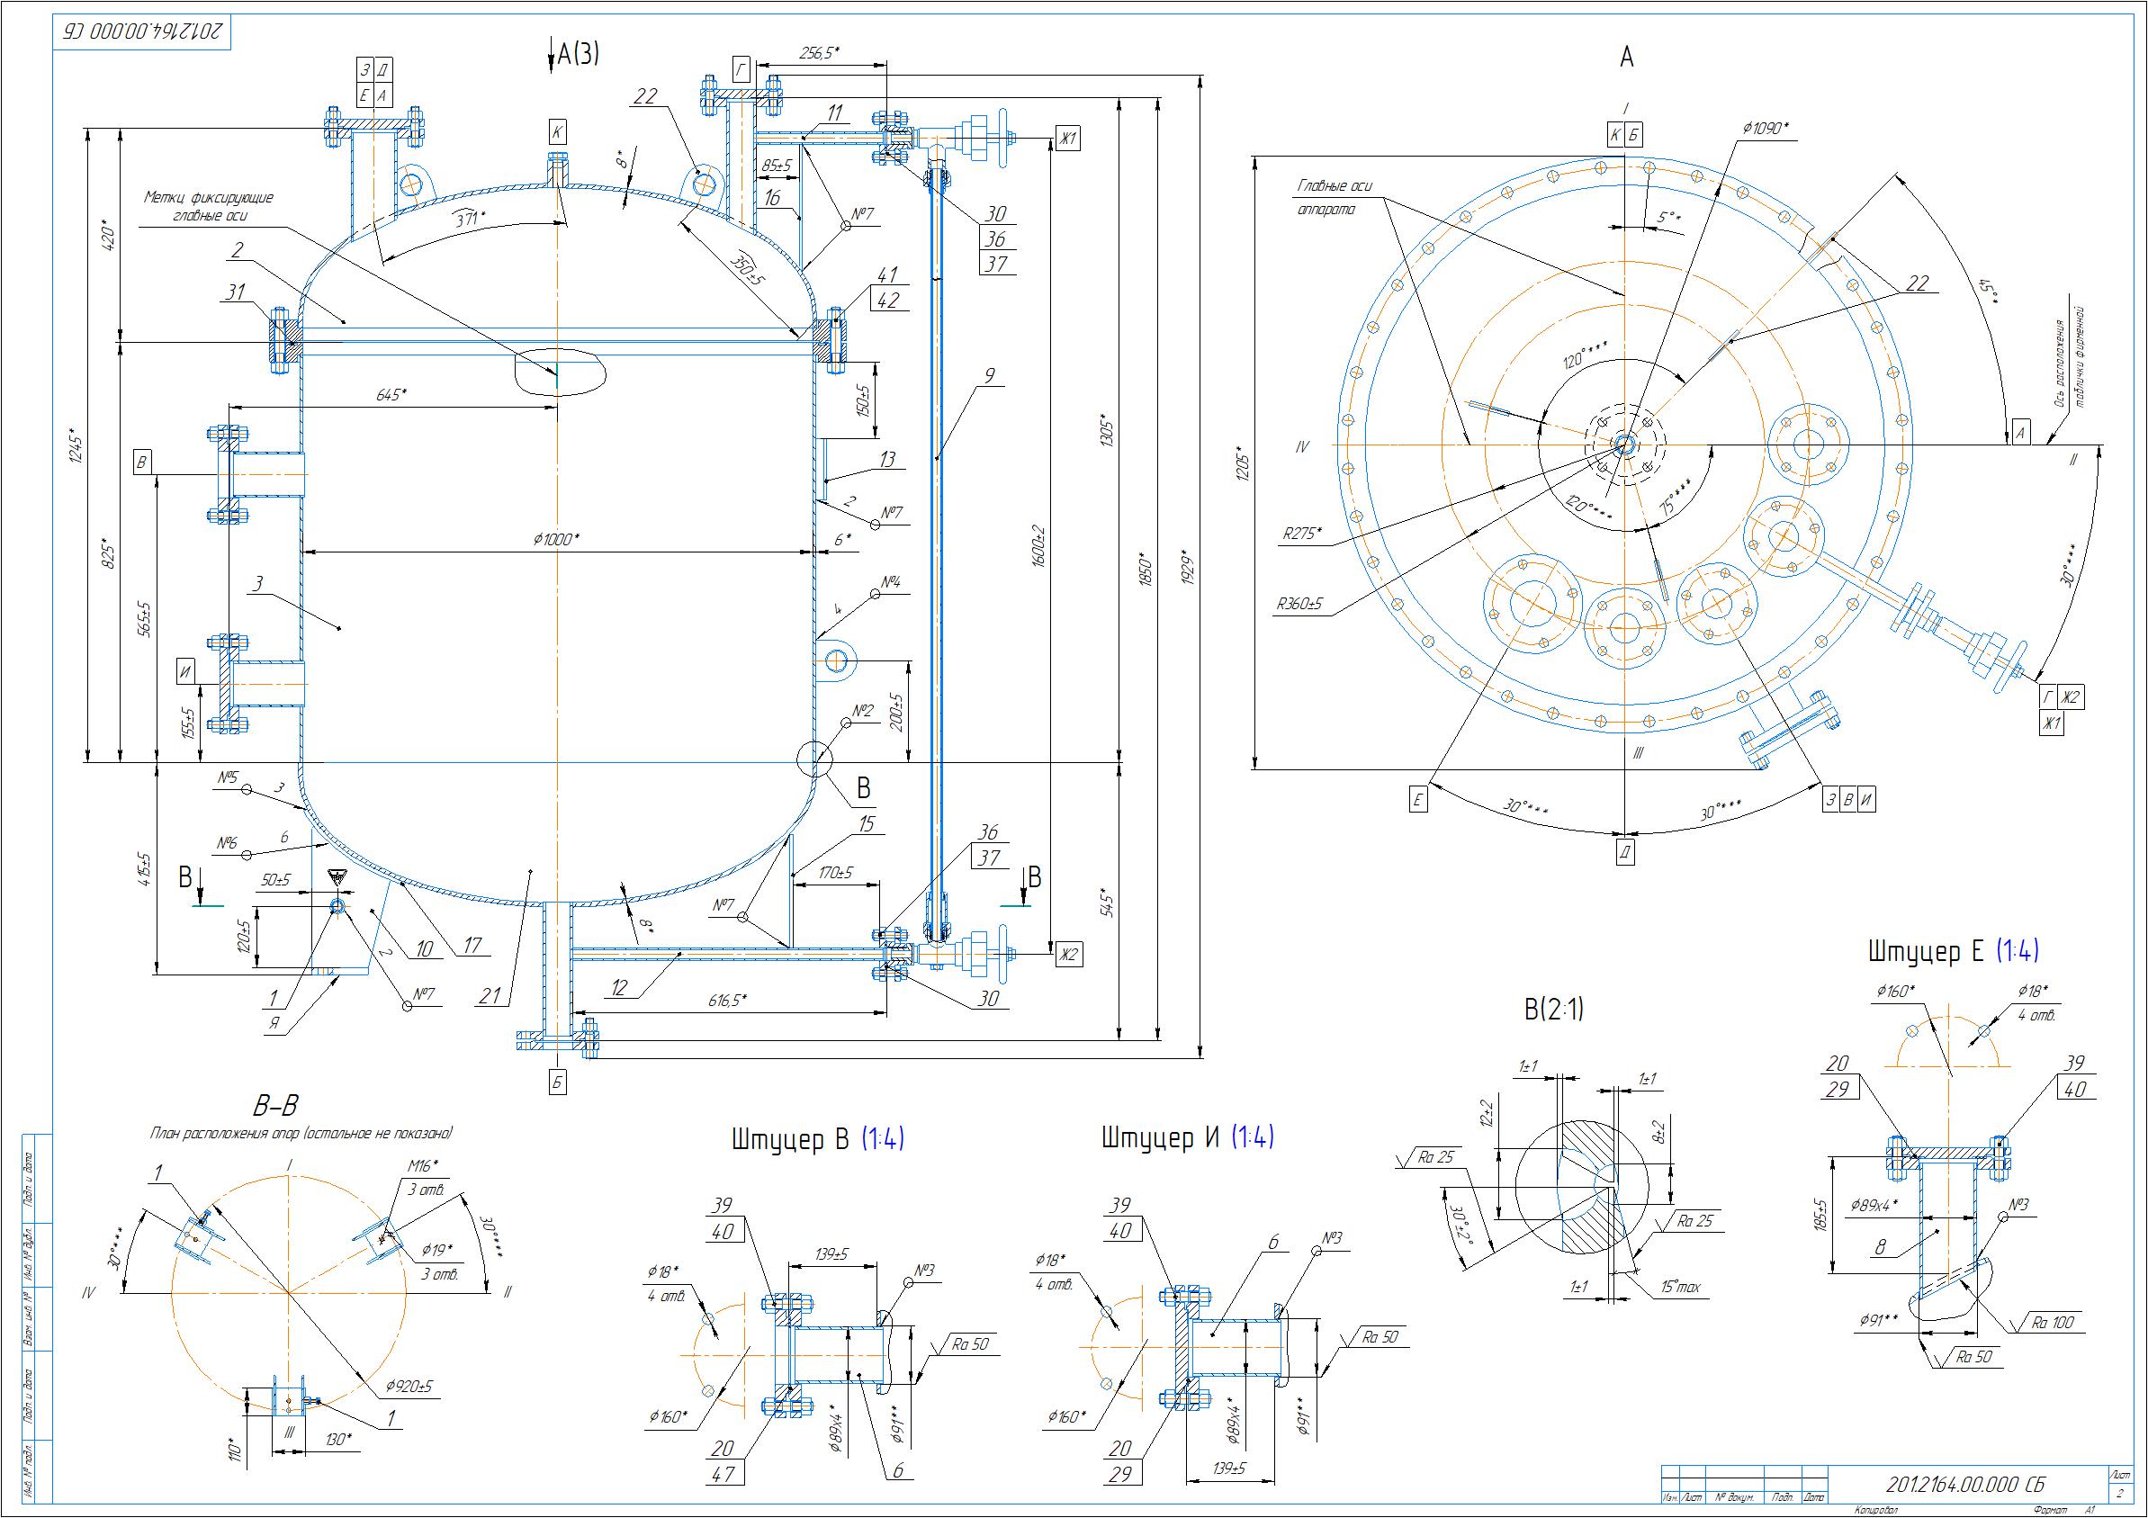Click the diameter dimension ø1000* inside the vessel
click(557, 540)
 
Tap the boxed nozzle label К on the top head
click(557, 132)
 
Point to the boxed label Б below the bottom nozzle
click(558, 1082)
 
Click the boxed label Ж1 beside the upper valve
click(1067, 139)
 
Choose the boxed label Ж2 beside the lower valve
click(1068, 955)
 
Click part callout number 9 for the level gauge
click(989, 376)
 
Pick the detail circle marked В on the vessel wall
click(815, 759)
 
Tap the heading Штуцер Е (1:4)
click(1954, 952)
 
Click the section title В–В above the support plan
click(276, 1107)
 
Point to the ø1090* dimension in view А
click(1771, 129)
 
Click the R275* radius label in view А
click(1302, 533)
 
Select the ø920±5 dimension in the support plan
click(409, 1387)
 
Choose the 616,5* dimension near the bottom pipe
click(727, 1001)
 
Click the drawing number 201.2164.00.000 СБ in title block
click(1964, 1486)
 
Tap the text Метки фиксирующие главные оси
click(209, 207)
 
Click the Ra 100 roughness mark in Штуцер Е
click(2053, 1323)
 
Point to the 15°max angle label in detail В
click(1680, 1288)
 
